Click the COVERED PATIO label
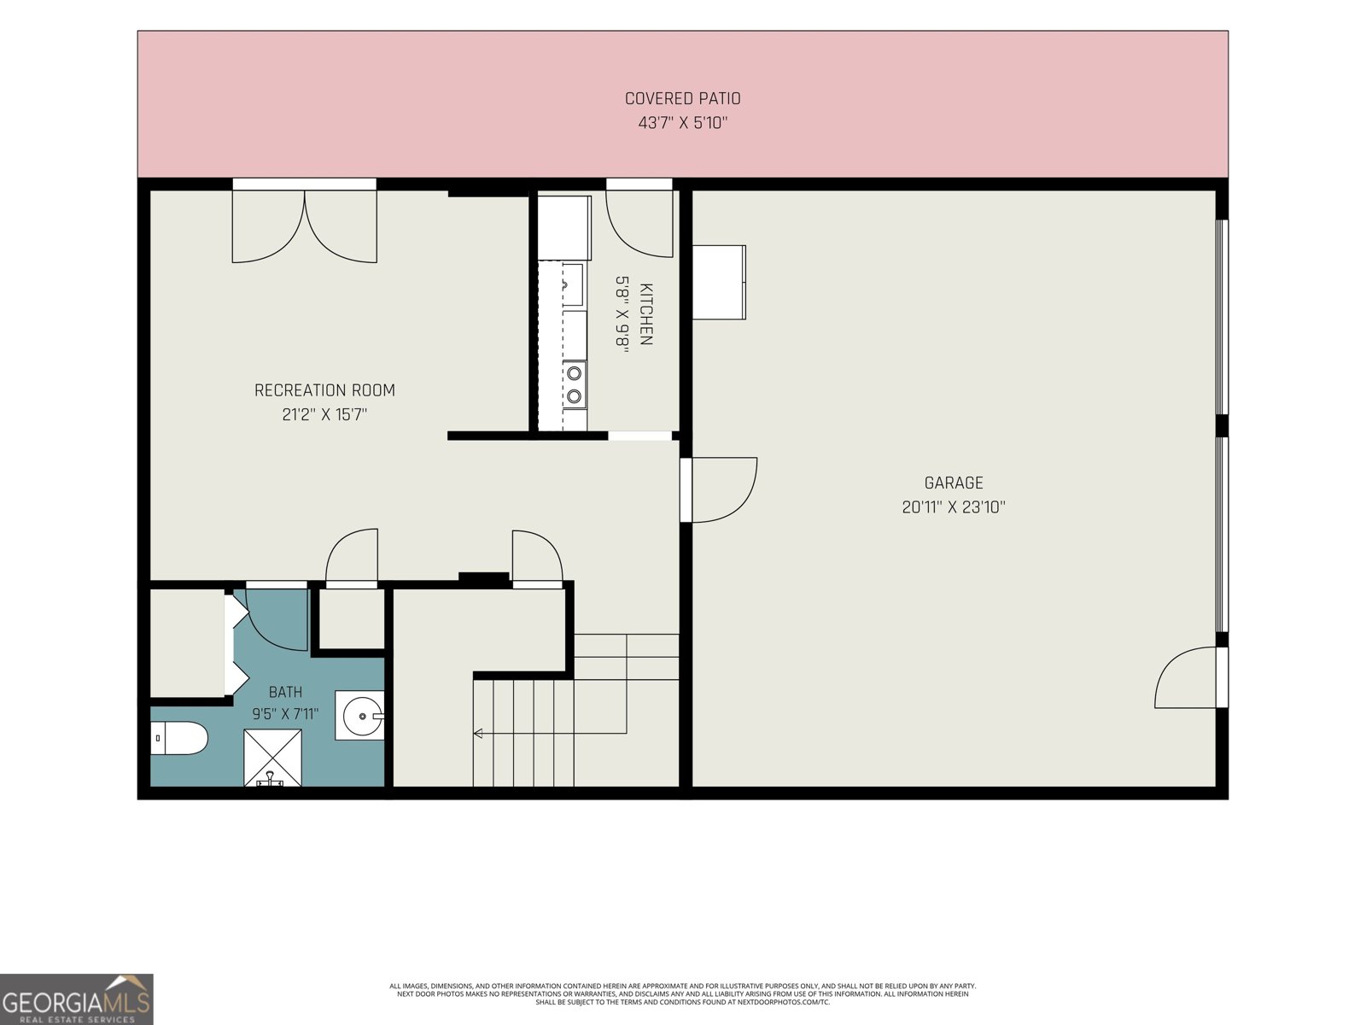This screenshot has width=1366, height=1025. [682, 98]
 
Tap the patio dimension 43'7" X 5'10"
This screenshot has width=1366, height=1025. [682, 123]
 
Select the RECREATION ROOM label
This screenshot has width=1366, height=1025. [324, 390]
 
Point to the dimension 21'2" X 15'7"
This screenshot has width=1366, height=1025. [324, 414]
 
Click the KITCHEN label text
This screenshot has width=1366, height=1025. [646, 313]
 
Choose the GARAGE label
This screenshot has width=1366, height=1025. [954, 483]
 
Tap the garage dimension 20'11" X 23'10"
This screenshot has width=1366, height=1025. [954, 507]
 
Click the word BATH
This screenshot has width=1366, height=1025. [286, 691]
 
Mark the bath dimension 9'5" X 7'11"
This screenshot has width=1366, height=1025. [286, 714]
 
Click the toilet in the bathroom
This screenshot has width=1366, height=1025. [178, 738]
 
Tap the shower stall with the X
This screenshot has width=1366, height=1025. [272, 758]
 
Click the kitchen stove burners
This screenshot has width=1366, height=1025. [575, 384]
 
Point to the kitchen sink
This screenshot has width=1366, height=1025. [573, 285]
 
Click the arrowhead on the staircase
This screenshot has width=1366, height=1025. [478, 734]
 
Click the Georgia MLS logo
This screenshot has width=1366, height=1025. [77, 999]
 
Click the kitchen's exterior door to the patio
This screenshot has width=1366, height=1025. [639, 218]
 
